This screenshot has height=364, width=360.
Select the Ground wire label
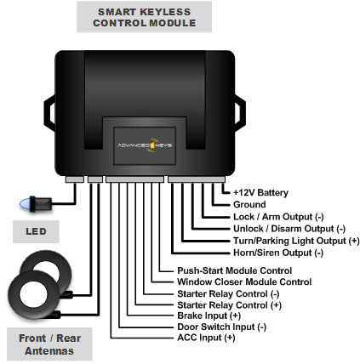click(x=249, y=204)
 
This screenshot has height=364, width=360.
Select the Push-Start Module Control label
click(x=234, y=270)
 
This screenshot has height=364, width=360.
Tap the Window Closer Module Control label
click(x=243, y=282)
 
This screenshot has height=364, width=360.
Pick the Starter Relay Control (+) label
click(x=229, y=304)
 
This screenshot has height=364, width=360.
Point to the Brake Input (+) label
click(x=209, y=316)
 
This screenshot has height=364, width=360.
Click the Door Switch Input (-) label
click(x=220, y=327)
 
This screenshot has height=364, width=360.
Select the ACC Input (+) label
click(x=205, y=338)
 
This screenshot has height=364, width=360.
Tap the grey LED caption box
click(x=35, y=231)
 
